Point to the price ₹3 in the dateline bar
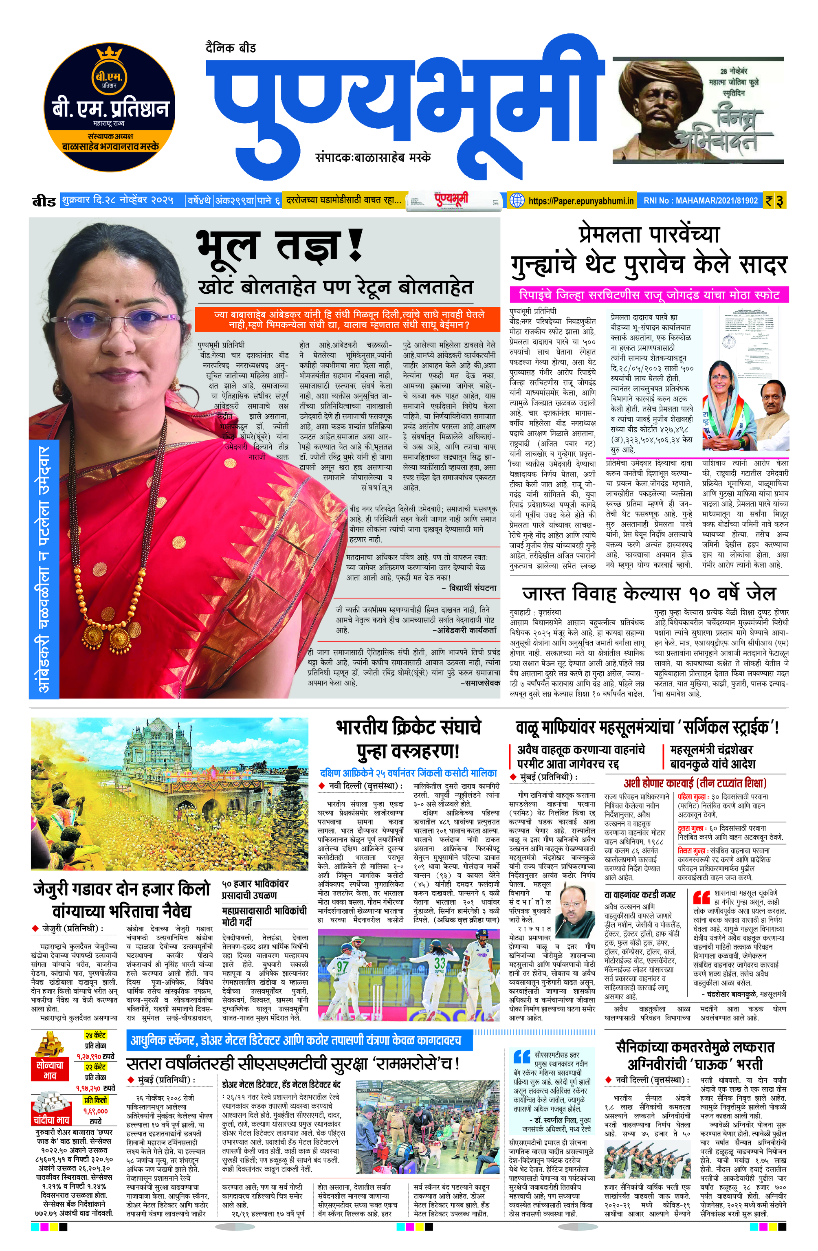tap(775, 201)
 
